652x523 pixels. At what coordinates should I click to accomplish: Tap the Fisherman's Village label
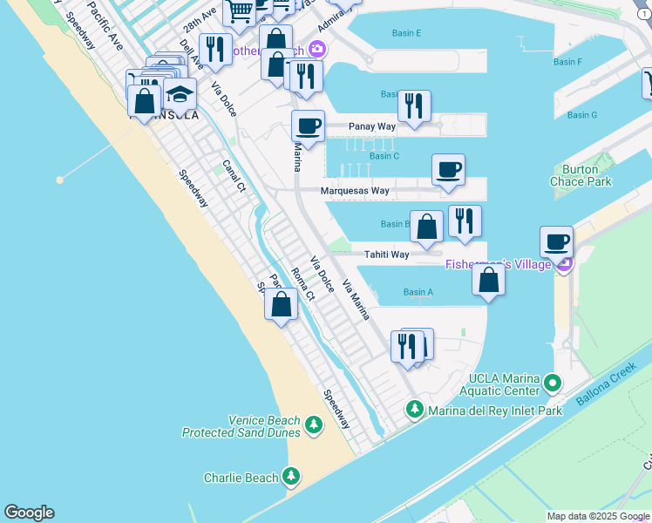tap(498, 264)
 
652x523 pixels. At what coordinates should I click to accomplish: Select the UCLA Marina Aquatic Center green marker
tap(552, 384)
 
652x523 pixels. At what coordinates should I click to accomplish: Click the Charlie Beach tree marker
tap(291, 477)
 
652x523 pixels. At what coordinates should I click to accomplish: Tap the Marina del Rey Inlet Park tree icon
tap(415, 410)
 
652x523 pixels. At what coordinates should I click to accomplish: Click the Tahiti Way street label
tap(386, 255)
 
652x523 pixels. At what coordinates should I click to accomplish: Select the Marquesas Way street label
tap(355, 190)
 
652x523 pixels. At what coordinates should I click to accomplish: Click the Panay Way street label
tap(372, 126)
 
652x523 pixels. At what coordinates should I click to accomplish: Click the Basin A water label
tap(418, 292)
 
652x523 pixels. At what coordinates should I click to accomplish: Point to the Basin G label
tap(582, 115)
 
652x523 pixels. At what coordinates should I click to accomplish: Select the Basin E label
tap(406, 33)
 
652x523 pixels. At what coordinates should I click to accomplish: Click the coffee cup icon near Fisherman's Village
tap(556, 242)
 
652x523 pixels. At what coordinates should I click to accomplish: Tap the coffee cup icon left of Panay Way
tap(308, 126)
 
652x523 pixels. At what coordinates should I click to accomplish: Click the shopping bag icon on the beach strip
tap(282, 305)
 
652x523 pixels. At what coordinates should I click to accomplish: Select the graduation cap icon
tap(180, 94)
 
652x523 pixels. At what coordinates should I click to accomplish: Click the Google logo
tap(29, 513)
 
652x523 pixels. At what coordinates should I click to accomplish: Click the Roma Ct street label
tap(302, 285)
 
